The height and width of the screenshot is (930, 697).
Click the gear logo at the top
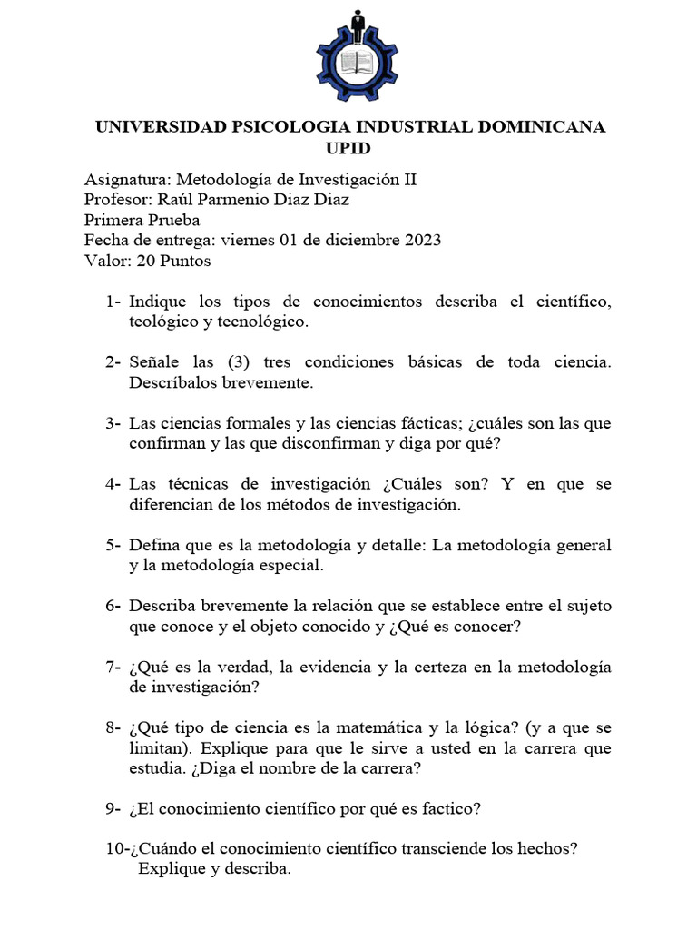click(356, 54)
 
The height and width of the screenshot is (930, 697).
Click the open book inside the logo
click(357, 64)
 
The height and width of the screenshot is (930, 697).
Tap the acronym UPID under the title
click(348, 148)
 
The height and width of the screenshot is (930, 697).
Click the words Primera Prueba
click(142, 220)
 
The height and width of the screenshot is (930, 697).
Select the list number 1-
click(113, 301)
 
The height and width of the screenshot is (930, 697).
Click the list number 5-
click(113, 546)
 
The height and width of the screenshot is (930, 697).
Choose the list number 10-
click(117, 848)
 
